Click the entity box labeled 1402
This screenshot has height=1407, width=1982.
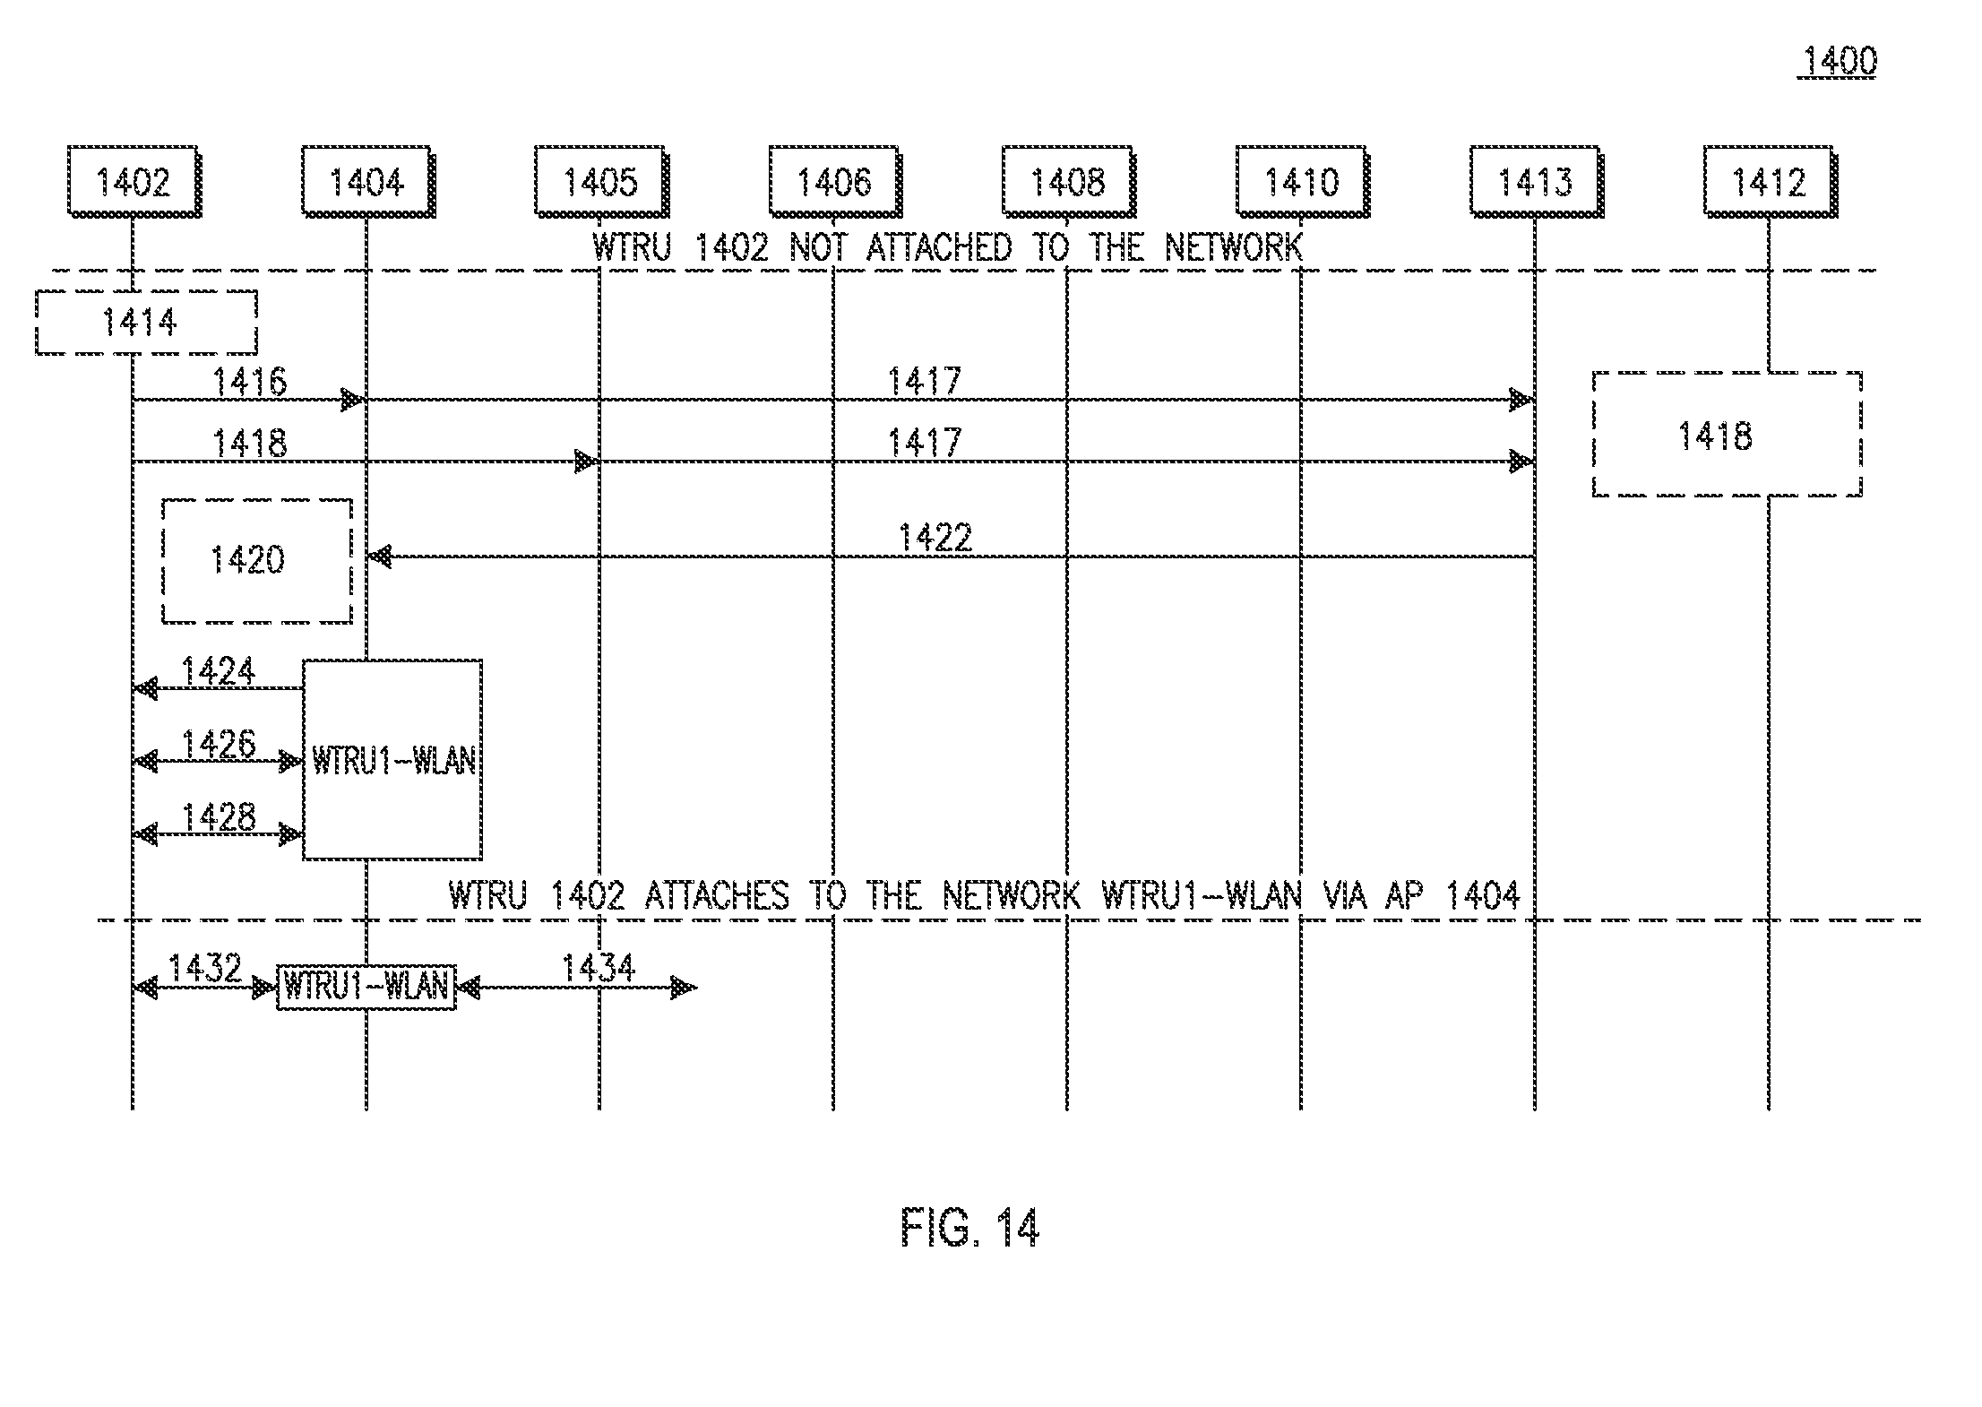tap(134, 182)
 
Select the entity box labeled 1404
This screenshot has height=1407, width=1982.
tap(367, 182)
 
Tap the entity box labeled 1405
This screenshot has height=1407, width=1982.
tap(601, 182)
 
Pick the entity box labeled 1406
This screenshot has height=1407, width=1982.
tap(835, 182)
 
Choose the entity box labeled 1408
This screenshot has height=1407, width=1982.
tap(1069, 182)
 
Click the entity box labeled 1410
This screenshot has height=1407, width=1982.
tap(1303, 182)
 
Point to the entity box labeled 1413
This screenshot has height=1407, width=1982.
tap(1537, 182)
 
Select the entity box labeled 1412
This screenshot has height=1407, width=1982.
tap(1771, 182)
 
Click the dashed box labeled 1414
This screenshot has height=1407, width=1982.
tap(147, 322)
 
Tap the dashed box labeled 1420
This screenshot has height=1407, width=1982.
tap(257, 561)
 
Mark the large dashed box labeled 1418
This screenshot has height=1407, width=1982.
tap(1728, 434)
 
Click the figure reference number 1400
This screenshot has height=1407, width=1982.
tap(1838, 61)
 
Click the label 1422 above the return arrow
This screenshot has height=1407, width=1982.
tap(935, 537)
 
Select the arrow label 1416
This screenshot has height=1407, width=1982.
tap(249, 382)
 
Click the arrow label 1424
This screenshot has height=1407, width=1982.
tap(219, 670)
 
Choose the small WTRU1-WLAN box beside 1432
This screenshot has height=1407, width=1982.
tap(366, 987)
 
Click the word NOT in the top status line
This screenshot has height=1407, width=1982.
tap(817, 247)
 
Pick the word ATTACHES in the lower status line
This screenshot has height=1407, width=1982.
tap(717, 895)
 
